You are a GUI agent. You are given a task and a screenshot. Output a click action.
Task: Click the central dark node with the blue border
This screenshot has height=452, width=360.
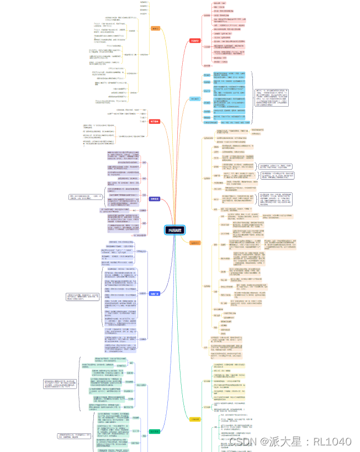(177, 230)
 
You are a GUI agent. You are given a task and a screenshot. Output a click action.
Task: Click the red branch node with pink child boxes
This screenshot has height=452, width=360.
(195, 40)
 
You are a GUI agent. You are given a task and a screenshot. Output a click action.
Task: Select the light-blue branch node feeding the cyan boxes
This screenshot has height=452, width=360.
(194, 99)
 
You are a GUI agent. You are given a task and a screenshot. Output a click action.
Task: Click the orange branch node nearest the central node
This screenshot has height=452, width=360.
(195, 242)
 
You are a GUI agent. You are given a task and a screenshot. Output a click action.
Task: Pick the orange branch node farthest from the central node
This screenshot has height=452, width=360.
(155, 28)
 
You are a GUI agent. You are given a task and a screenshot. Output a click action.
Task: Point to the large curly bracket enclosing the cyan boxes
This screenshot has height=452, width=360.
(253, 100)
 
